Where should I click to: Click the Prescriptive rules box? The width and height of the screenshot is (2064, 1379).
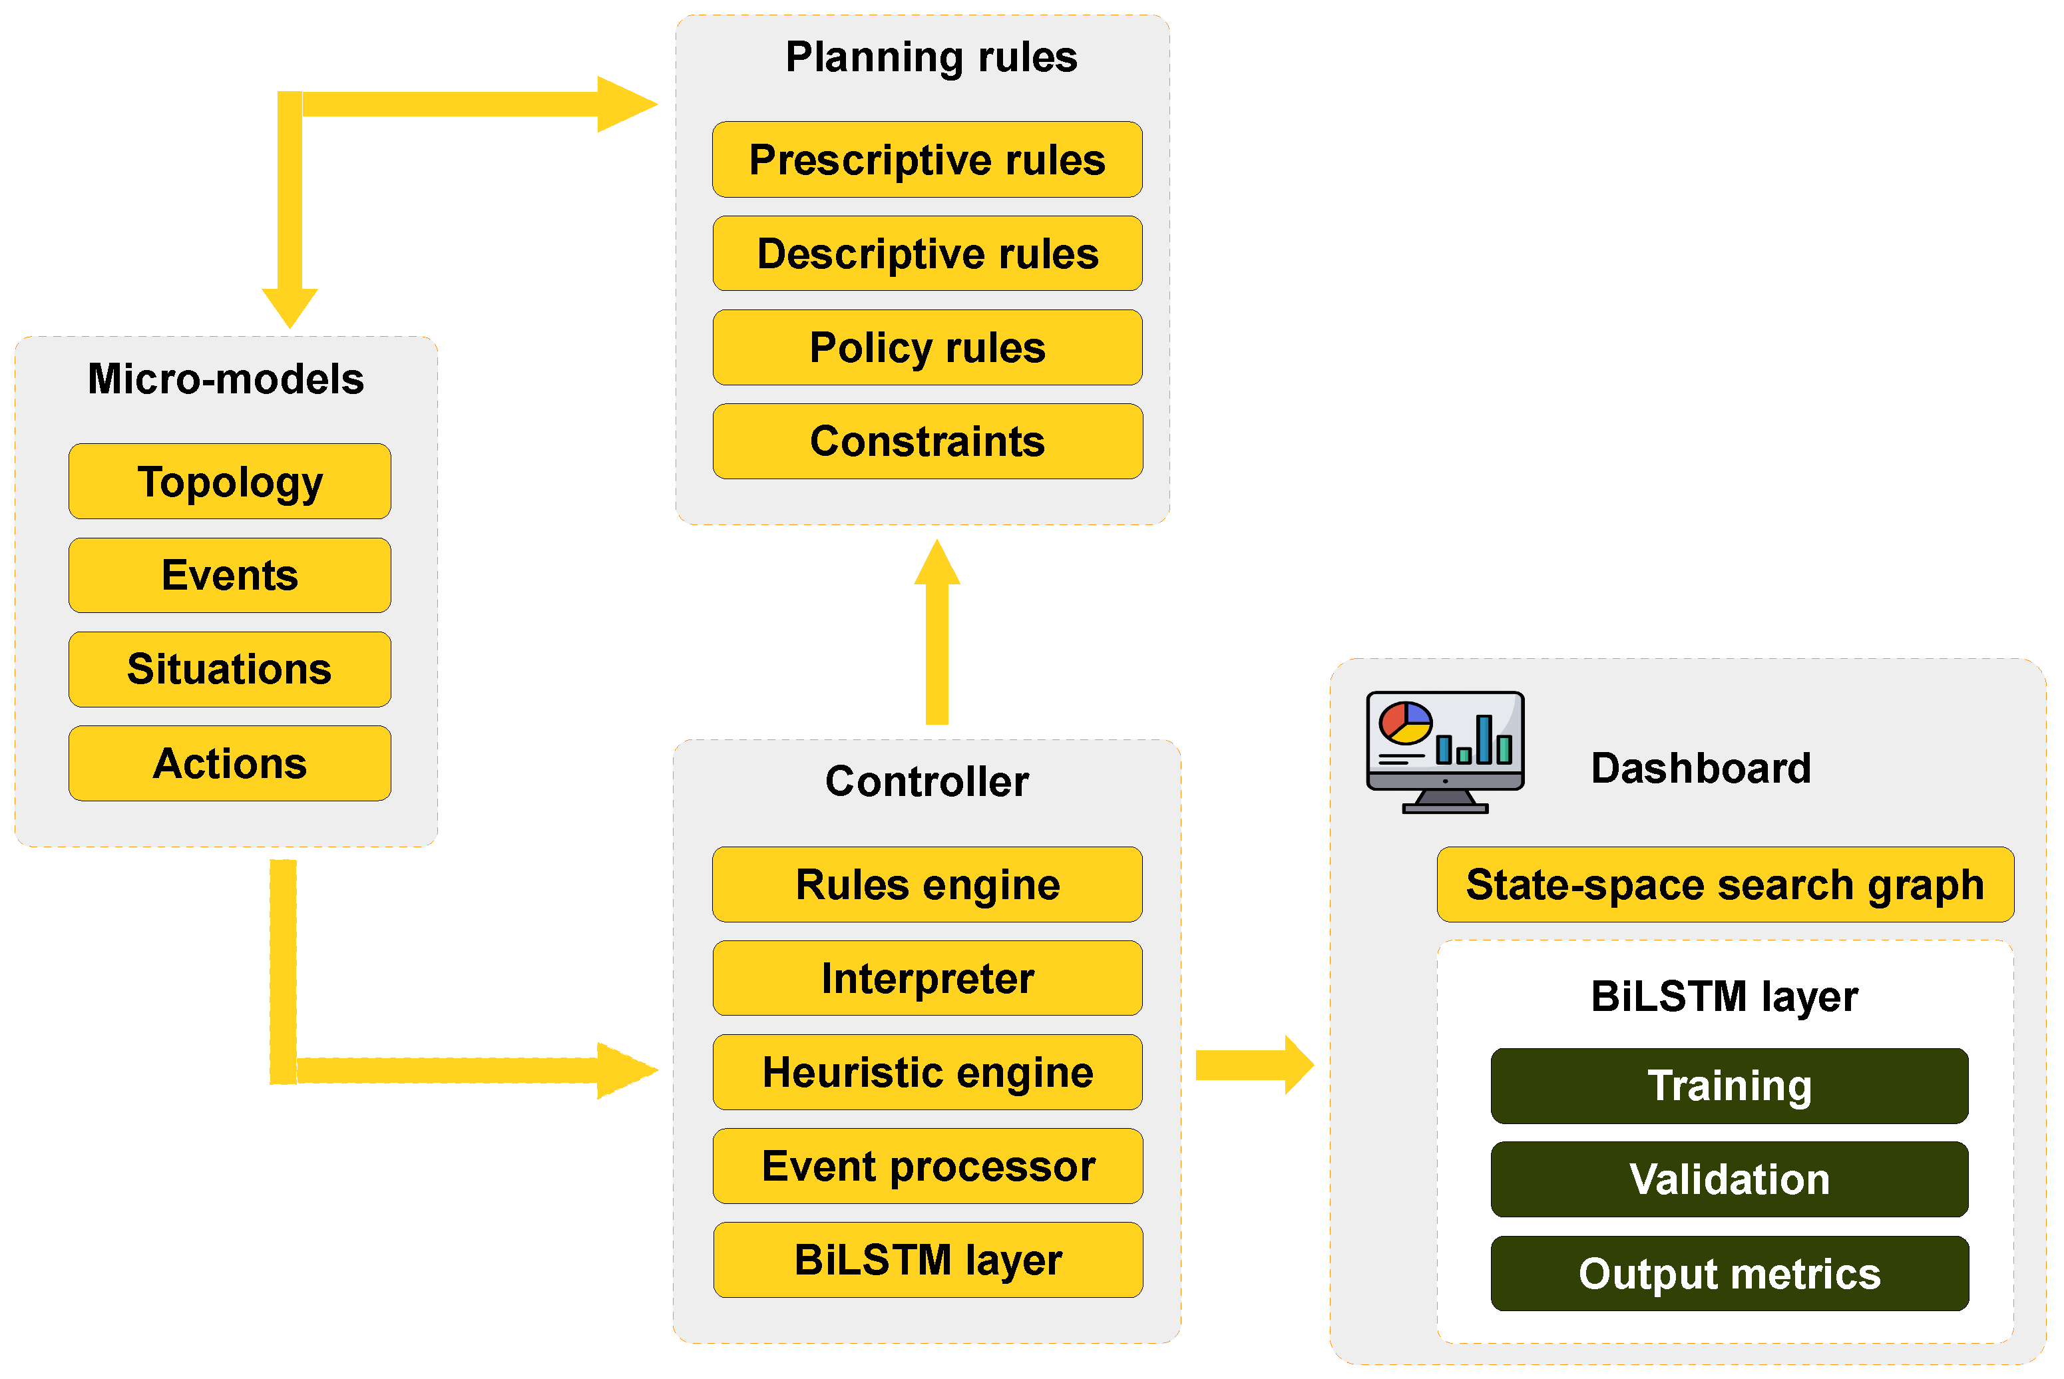927,159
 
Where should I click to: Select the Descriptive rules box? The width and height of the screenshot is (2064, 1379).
927,254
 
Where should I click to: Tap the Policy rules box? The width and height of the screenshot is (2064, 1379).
927,347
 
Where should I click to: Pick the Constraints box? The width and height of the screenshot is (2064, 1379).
927,441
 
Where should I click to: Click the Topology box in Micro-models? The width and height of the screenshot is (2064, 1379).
230,481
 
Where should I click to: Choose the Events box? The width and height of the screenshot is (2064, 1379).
230,575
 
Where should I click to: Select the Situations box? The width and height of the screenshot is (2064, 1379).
230,670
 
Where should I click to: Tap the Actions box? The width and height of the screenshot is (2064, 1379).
230,763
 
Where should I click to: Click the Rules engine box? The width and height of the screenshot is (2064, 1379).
927,884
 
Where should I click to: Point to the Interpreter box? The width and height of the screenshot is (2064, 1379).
927,978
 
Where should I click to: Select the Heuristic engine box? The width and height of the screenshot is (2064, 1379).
927,1072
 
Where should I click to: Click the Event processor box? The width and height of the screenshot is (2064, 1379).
927,1166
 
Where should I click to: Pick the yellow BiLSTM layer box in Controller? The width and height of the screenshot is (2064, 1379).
927,1259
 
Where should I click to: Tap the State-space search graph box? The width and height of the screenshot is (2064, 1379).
1725,884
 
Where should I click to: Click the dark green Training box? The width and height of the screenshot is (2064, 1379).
1729,1085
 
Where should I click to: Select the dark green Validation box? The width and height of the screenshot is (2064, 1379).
1729,1179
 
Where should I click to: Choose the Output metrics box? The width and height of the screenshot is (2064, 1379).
1729,1273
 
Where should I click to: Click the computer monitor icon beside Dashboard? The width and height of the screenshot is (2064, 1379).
1444,752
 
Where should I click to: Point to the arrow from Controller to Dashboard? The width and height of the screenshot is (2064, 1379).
1253,1065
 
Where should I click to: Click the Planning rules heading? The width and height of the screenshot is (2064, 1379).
930,57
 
